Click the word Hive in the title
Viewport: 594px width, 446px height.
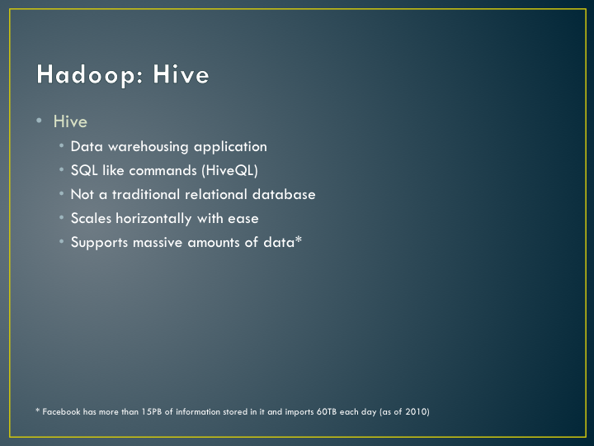click(x=181, y=74)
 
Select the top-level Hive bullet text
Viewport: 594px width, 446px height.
click(x=70, y=121)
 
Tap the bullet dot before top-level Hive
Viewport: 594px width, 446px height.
click(x=39, y=121)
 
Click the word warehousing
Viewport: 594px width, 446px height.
click(x=148, y=147)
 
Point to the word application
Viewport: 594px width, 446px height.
click(x=230, y=147)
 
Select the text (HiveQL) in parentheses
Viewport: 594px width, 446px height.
click(x=230, y=171)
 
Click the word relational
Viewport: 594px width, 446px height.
click(x=216, y=194)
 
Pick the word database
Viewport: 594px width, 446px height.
click(x=284, y=194)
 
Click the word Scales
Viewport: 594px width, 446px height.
click(x=91, y=218)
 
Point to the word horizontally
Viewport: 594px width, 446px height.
click(x=153, y=219)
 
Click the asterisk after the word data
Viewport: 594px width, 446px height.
click(x=299, y=240)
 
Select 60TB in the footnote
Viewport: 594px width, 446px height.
click(x=327, y=411)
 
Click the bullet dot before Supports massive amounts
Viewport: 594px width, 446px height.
click(x=61, y=241)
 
